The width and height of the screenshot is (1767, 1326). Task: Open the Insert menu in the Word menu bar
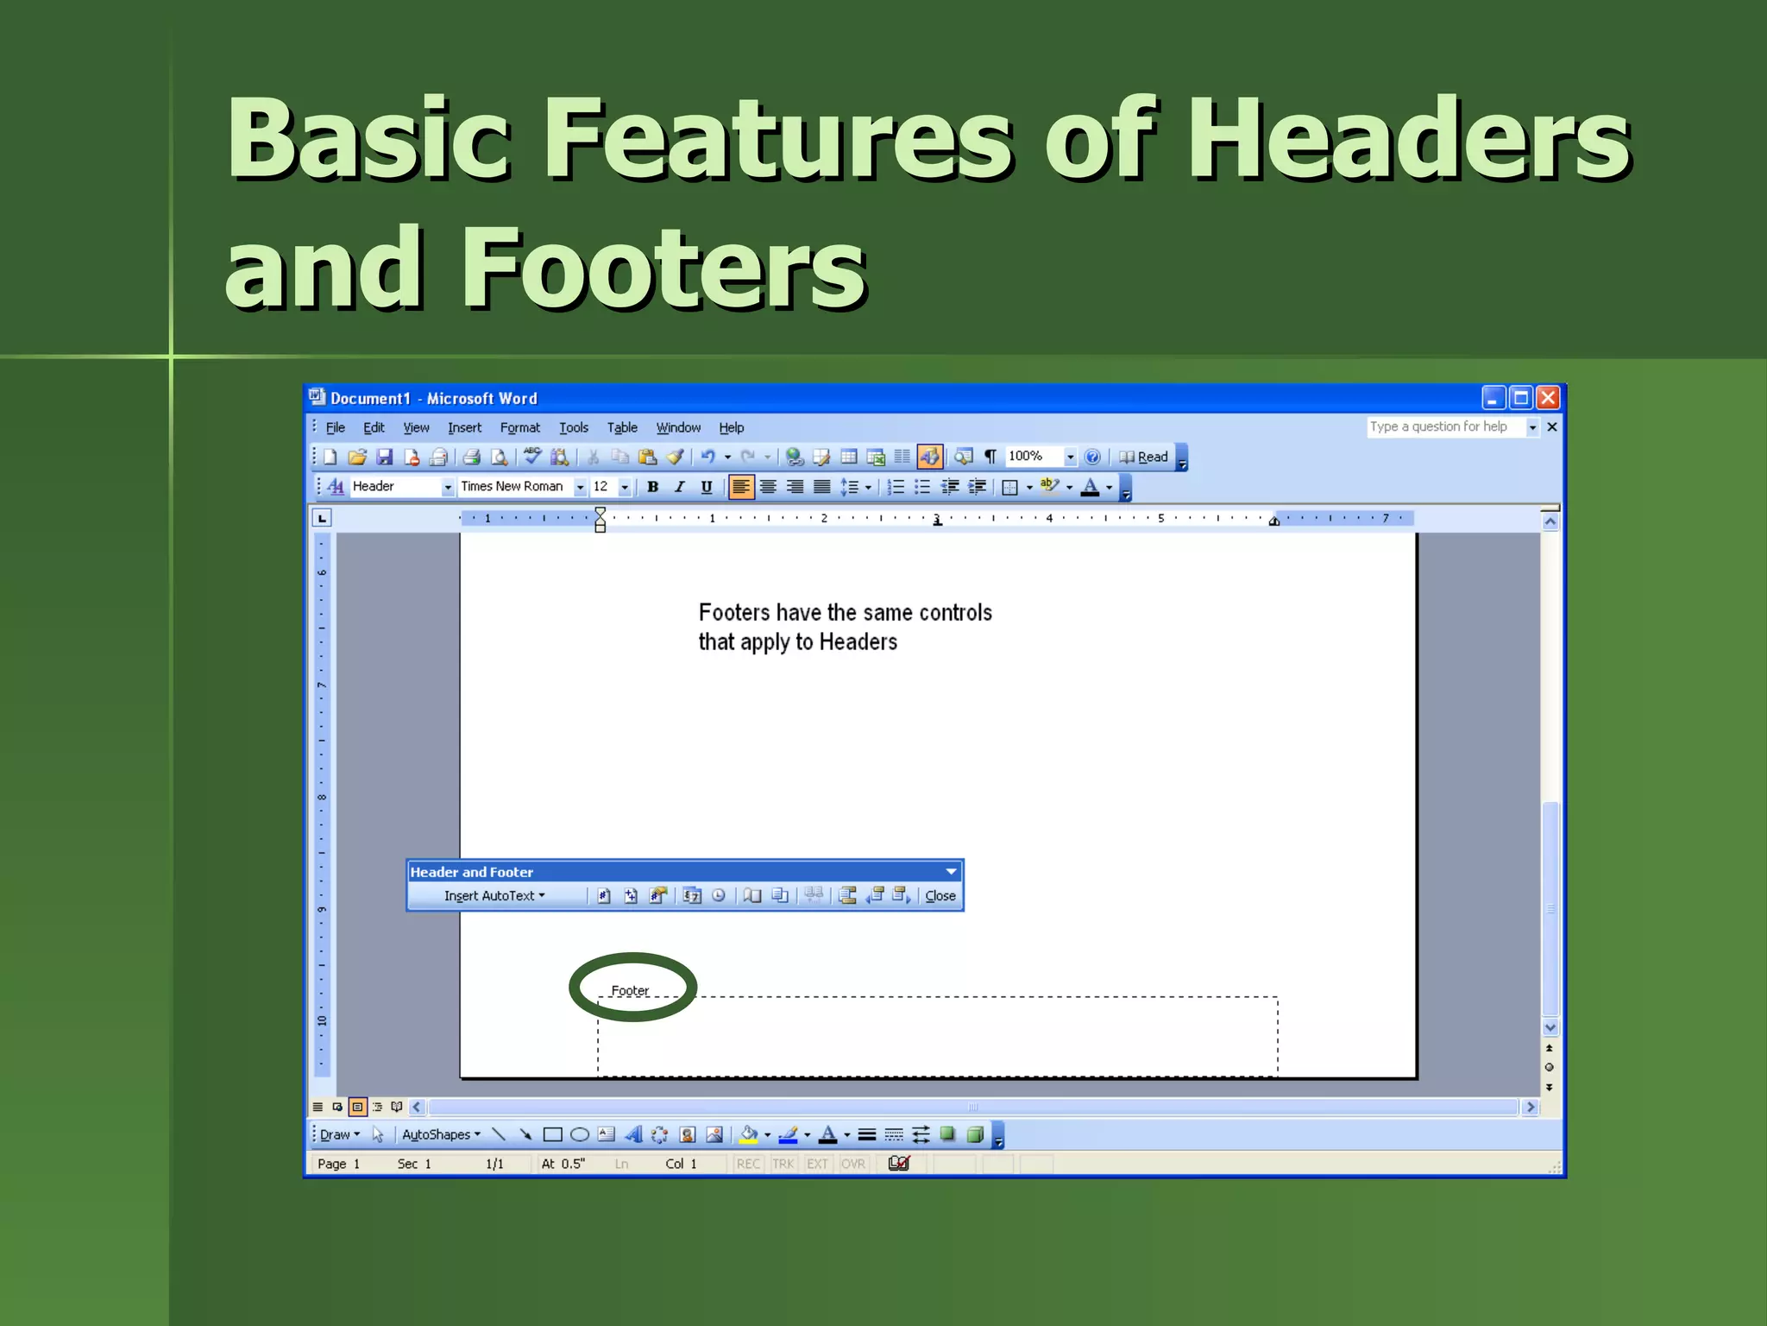point(464,427)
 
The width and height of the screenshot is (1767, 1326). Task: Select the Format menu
point(519,427)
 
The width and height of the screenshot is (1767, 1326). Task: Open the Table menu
point(621,427)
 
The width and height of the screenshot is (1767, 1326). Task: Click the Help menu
point(731,427)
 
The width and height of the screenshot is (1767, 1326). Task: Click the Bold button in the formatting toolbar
point(653,487)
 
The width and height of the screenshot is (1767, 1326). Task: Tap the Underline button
point(707,487)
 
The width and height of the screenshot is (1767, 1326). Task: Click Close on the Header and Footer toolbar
point(940,896)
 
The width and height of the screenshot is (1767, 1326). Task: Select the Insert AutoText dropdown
point(494,896)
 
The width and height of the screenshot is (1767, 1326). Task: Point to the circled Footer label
point(630,990)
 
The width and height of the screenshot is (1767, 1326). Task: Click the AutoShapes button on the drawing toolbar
point(440,1134)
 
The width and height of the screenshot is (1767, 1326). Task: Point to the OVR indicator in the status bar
point(852,1164)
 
